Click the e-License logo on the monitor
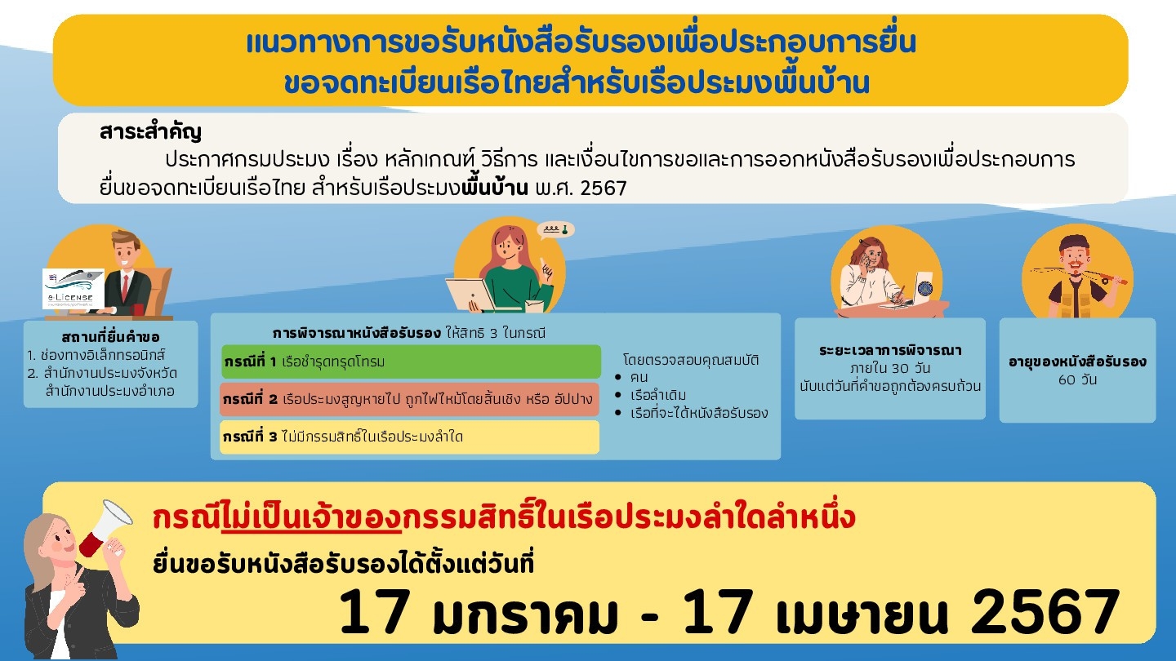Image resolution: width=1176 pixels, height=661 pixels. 73,289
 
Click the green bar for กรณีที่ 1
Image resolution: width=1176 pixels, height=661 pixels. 411,362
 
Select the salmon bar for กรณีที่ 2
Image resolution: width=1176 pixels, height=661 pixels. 409,399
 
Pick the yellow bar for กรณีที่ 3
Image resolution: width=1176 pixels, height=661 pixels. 409,437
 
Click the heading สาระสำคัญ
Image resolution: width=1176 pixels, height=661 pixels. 150,132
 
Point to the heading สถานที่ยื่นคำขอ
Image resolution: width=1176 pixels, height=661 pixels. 110,337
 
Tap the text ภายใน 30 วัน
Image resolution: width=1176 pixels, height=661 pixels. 890,368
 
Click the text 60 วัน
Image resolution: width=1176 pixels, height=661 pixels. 1077,379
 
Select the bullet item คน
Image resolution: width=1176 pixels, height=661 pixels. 639,377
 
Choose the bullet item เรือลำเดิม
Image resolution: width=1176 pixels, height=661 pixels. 658,395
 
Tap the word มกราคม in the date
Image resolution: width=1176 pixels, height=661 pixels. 525,613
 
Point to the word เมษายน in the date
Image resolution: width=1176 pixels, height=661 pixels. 862,613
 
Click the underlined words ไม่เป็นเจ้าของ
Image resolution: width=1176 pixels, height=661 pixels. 311,518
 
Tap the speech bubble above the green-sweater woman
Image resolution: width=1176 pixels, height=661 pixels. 555,230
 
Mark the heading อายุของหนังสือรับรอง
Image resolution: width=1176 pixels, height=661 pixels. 1077,362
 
